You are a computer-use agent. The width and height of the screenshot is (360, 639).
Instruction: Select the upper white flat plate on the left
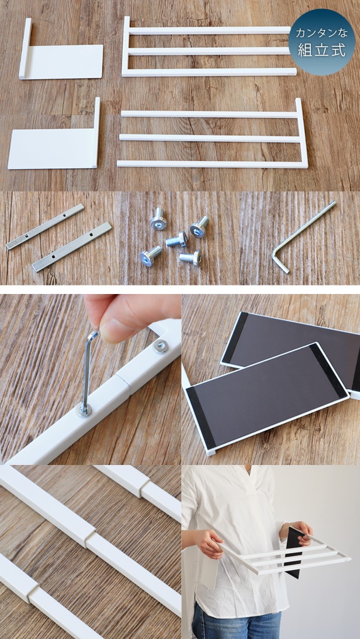pos(66,61)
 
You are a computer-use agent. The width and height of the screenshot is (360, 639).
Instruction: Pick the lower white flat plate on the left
pos(53,149)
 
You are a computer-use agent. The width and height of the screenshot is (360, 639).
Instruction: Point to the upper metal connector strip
pos(45,226)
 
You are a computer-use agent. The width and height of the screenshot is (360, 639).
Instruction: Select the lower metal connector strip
pos(71,247)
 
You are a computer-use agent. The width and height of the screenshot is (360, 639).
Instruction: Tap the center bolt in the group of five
pos(176,240)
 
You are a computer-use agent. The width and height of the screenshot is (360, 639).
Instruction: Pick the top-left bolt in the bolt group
pos(159,219)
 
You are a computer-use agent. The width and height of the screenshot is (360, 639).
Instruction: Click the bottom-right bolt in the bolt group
pos(190,257)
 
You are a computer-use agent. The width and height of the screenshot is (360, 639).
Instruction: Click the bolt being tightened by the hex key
pos(84,410)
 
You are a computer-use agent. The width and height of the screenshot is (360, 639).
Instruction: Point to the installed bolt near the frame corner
pos(160,346)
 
